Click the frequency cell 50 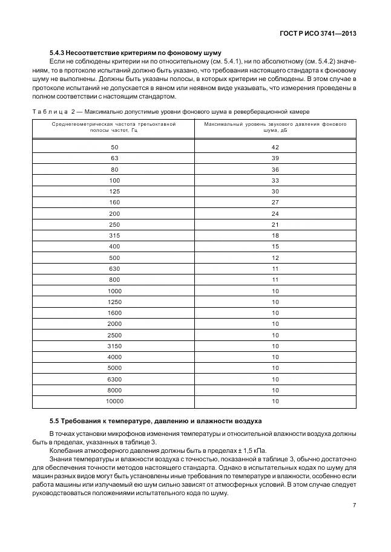pos(114,147)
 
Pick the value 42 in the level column pos(275,147)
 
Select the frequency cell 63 pos(114,158)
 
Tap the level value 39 pos(275,158)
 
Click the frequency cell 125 pos(114,191)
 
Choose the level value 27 pos(275,202)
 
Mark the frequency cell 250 pos(114,224)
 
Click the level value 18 pos(275,235)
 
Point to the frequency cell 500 pos(114,258)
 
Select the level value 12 pos(275,258)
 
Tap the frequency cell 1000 pos(114,291)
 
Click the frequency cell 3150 pos(114,346)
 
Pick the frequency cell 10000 pos(114,401)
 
